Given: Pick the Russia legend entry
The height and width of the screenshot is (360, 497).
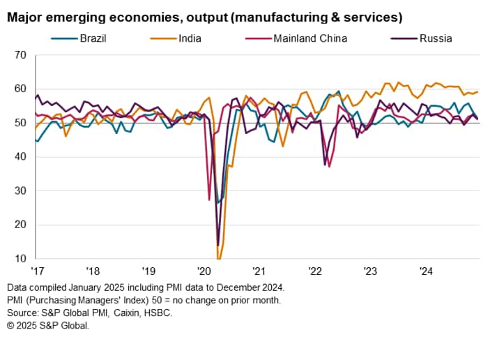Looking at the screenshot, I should (x=435, y=38).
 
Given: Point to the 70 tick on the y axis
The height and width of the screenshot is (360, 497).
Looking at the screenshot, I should (x=20, y=54).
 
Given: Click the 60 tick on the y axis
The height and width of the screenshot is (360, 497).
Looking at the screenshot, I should (x=20, y=89).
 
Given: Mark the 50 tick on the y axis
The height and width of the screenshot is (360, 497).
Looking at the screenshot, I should (x=20, y=123).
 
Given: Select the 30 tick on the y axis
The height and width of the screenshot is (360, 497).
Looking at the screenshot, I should (x=20, y=190).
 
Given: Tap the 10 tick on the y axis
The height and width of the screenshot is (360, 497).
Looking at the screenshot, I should (x=20, y=258).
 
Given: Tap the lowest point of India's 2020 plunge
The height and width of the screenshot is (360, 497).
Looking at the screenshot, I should (x=219, y=258).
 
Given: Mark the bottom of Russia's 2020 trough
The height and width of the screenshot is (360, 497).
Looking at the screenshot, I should (x=217, y=245).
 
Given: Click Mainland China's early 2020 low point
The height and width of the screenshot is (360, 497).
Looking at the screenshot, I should (x=209, y=200).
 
